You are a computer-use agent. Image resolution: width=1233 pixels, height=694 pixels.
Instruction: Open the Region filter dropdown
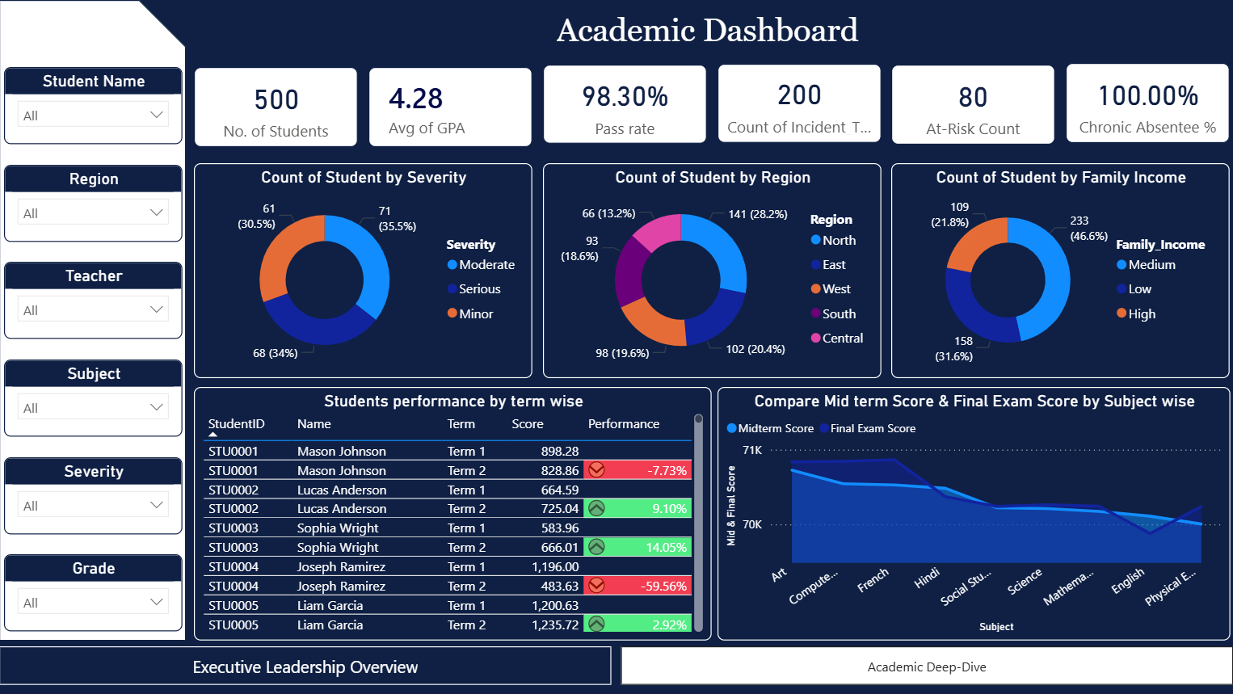pos(93,212)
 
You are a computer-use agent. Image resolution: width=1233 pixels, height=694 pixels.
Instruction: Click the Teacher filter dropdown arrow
pos(156,309)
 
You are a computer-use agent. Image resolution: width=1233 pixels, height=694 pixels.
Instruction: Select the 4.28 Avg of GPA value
pos(415,99)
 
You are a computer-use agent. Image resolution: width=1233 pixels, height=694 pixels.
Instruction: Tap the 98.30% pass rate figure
pos(625,97)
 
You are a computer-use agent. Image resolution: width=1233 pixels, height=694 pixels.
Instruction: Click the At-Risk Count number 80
pos(973,98)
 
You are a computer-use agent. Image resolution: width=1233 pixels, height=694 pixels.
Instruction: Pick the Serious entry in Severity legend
pos(479,289)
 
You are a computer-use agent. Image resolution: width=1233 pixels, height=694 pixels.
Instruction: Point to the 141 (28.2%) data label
pos(757,214)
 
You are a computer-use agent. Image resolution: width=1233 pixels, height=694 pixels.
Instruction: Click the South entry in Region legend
pos(838,314)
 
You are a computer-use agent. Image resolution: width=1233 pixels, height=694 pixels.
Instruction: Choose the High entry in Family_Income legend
pos(1141,314)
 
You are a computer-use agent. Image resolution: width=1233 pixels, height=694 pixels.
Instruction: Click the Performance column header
pos(623,424)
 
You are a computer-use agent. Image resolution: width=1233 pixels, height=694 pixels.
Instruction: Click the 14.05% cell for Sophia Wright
pos(666,548)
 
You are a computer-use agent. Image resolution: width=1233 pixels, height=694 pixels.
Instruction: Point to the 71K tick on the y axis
pos(751,450)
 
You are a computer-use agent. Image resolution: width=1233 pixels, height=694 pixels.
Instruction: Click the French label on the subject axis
pos(873,580)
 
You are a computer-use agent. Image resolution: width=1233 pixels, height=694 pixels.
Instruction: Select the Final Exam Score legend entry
pos(872,429)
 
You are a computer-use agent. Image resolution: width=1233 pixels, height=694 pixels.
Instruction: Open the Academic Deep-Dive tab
pos(926,667)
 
